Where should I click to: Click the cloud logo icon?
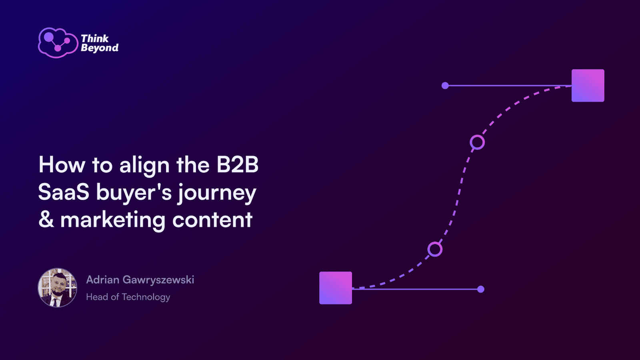point(58,43)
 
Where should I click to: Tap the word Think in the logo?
point(95,38)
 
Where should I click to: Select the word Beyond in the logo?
point(100,48)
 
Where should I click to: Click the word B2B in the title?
point(238,165)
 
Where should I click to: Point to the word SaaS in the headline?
point(64,192)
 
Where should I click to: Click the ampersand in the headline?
point(46,220)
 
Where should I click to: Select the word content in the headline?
point(212,220)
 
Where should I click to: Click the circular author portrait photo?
point(58,288)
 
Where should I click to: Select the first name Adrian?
point(103,280)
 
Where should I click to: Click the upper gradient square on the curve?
point(588,86)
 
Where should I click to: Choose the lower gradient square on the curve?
point(336,288)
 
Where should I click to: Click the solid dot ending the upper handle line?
point(445,86)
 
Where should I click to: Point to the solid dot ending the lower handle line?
point(481,289)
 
